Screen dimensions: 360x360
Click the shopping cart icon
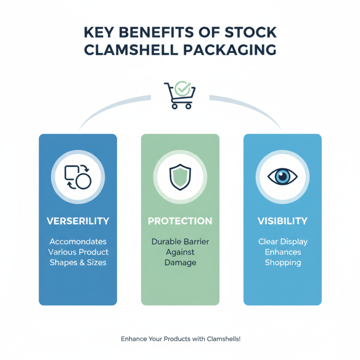[x=180, y=96]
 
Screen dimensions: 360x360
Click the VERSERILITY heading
[x=78, y=221]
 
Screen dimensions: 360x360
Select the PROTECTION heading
[x=180, y=221]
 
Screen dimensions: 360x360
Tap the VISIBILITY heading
[x=283, y=221]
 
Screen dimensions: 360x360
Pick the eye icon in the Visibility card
[x=283, y=176]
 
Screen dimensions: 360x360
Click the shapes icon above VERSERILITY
[x=78, y=176]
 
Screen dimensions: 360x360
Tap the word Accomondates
[x=78, y=242]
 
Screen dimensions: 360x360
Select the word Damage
[x=180, y=262]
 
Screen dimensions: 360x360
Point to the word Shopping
[x=283, y=262]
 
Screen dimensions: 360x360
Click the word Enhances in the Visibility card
[x=283, y=252]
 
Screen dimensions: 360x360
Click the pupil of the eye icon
[x=283, y=176]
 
